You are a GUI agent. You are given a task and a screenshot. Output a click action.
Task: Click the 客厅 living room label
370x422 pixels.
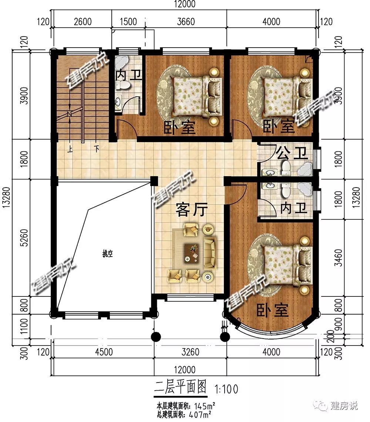point(191,210)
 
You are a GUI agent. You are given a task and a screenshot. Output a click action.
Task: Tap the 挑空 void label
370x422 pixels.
point(108,254)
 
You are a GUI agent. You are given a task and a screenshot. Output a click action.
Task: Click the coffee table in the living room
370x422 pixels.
point(191,253)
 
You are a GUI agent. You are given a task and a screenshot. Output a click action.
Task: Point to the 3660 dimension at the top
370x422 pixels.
point(186,21)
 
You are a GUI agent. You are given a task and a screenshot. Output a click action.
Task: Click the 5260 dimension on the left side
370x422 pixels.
point(24,238)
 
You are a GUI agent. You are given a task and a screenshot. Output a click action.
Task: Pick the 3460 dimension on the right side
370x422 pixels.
point(338,258)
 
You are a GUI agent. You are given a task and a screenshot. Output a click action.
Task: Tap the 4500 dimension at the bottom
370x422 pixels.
point(104,352)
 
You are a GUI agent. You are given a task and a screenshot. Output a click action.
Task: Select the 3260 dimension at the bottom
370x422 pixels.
point(191,352)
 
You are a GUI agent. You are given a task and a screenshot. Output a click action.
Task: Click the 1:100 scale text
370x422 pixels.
point(226,389)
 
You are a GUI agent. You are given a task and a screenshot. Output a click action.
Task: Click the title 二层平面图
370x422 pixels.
point(180,387)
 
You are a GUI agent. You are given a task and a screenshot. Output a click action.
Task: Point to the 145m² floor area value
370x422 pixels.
point(205,405)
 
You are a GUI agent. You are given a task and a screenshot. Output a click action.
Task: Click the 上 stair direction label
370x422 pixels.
point(70,149)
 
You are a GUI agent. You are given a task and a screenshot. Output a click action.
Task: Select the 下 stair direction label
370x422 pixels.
point(97,149)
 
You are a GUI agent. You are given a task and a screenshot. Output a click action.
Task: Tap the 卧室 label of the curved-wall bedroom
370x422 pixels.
point(272,310)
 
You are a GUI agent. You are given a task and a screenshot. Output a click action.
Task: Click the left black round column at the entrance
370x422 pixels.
point(156,336)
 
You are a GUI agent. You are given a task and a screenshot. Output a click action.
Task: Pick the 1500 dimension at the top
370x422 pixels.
point(128,21)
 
